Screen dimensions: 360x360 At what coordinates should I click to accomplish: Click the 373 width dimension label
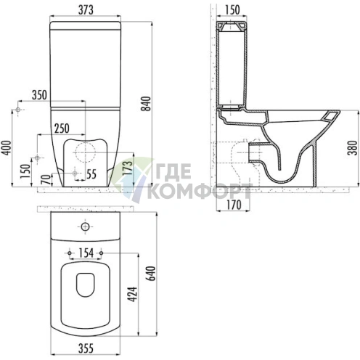pyautogui.click(x=86, y=10)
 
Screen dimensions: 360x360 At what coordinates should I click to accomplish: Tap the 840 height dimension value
pyautogui.click(x=146, y=104)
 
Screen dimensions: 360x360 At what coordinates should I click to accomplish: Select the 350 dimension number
pyautogui.click(x=39, y=95)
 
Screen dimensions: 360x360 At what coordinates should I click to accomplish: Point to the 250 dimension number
pyautogui.click(x=62, y=128)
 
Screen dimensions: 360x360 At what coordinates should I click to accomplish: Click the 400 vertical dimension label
pyautogui.click(x=7, y=148)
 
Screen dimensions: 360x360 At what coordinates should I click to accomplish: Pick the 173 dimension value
pyautogui.click(x=128, y=168)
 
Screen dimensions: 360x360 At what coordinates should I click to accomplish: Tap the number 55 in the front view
pyautogui.click(x=91, y=174)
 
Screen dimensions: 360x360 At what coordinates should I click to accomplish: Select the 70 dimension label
pyautogui.click(x=47, y=180)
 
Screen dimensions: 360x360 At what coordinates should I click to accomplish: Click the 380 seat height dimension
pyautogui.click(x=353, y=148)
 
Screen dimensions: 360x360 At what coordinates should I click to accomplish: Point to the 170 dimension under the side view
pyautogui.click(x=234, y=205)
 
